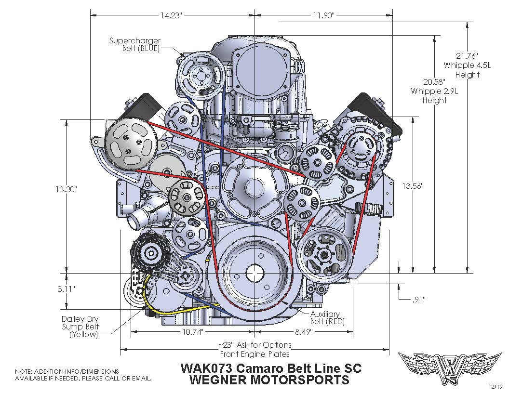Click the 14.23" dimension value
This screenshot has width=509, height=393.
click(171, 15)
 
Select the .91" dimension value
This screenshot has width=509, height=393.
click(418, 300)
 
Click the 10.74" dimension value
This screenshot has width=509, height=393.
click(193, 332)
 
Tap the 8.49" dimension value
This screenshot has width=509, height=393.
click(301, 332)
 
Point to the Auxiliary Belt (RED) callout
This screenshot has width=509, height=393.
click(328, 318)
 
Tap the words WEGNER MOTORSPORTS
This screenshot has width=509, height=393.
click(270, 380)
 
